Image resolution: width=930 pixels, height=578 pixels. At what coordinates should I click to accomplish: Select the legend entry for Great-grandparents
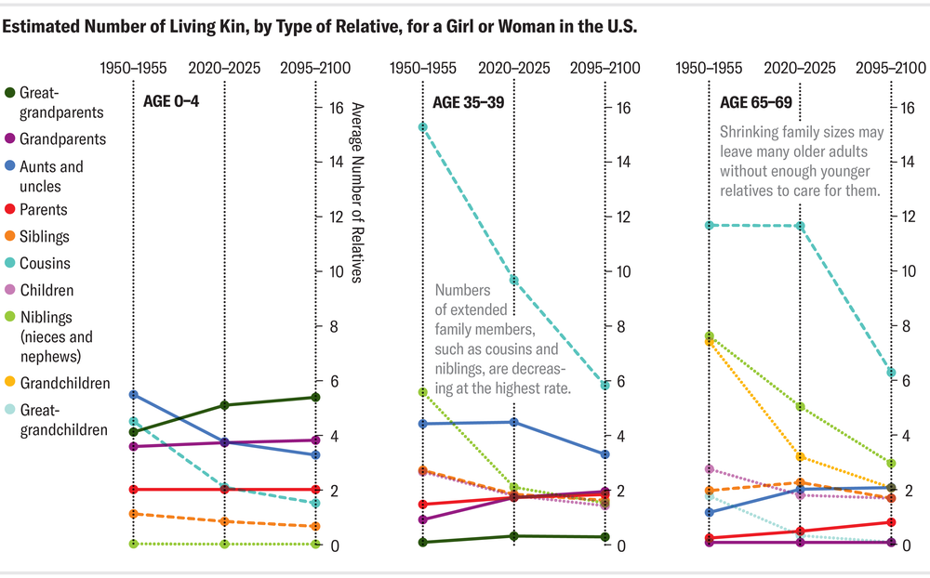[55, 103]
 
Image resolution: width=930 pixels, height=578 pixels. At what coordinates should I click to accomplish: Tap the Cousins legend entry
[45, 264]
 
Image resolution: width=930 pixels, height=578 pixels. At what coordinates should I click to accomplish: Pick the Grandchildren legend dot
[9, 383]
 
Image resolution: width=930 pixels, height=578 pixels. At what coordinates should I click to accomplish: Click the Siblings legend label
[45, 237]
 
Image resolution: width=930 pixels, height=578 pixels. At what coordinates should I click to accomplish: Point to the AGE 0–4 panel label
[171, 101]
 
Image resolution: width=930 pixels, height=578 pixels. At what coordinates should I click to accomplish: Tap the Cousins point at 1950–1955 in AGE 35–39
[422, 126]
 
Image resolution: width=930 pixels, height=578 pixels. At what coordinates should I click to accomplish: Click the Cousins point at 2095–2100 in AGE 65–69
[891, 373]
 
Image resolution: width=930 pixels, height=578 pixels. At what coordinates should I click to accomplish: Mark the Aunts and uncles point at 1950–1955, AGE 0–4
[133, 395]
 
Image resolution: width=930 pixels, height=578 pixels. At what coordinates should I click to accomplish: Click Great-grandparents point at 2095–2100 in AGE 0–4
[315, 398]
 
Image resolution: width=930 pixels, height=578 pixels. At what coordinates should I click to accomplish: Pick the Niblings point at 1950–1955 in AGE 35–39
[422, 392]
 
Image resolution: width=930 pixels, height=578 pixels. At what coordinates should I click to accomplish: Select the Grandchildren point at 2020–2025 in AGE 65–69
[800, 457]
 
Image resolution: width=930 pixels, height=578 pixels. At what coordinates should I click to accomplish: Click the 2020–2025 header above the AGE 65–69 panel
[800, 69]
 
